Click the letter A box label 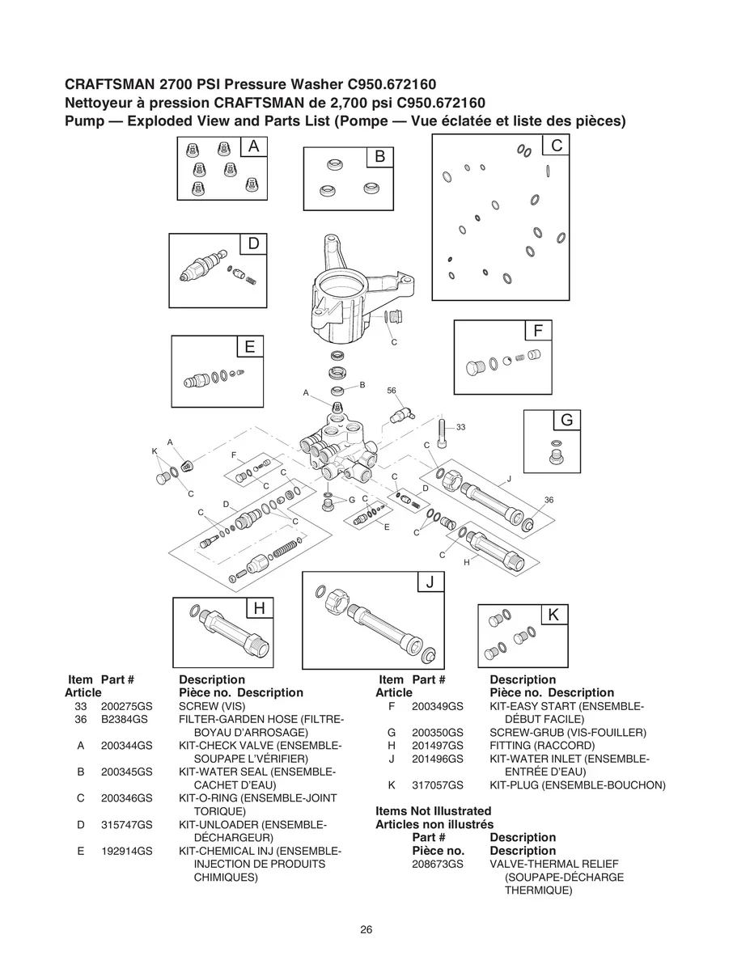pos(254,146)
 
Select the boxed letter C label pos(556,145)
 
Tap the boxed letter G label pos(567,420)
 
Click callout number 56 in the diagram pos(392,391)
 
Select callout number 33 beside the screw pos(460,427)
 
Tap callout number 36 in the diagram pos(549,500)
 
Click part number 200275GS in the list pos(126,706)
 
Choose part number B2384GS pos(124,719)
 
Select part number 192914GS pos(126,851)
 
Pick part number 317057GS pos(438,785)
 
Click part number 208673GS pos(438,864)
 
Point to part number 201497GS pos(438,746)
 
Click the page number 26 pos(366,930)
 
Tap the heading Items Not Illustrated pos(434,811)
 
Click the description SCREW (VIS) pos(212,706)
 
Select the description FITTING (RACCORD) pos(542,746)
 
